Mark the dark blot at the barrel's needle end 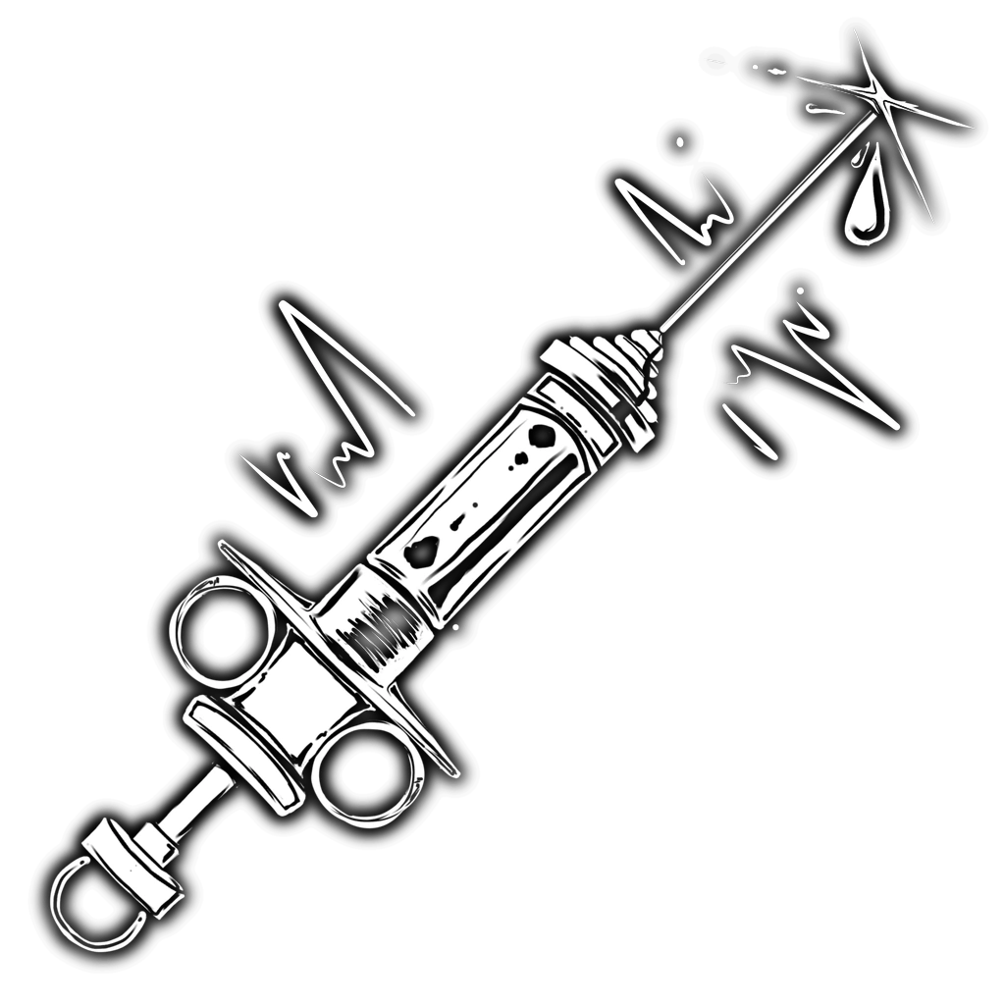(x=540, y=436)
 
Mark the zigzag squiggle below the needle (x=805, y=373)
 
